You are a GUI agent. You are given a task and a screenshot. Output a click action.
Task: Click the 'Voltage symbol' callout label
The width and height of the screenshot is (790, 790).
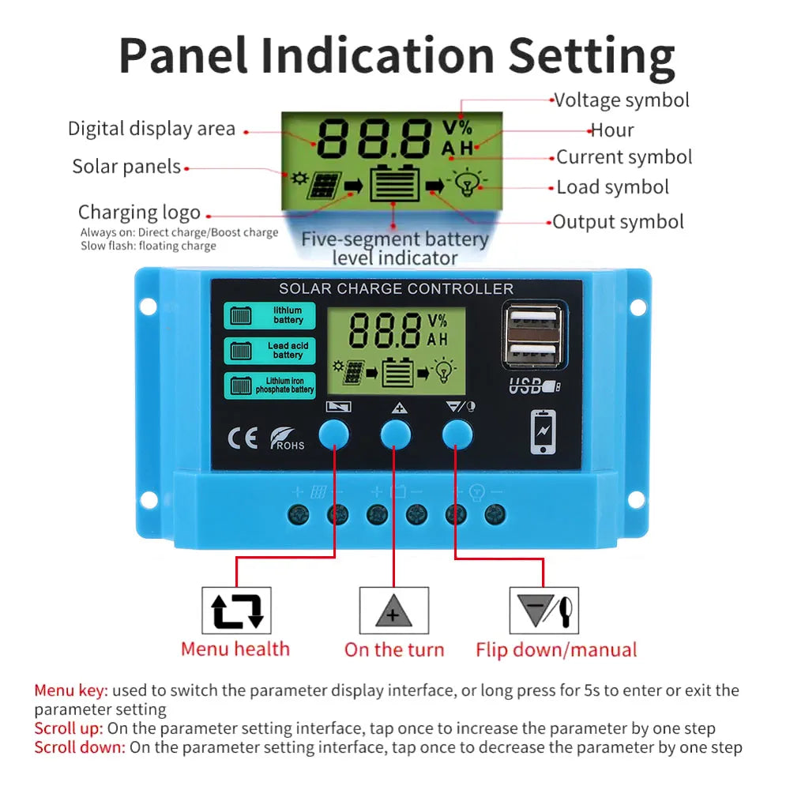[x=622, y=100]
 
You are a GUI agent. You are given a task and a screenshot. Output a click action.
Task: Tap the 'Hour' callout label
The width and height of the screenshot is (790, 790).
[x=612, y=130]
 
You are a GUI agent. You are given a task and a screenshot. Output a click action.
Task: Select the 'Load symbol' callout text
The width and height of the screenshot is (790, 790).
[x=613, y=187]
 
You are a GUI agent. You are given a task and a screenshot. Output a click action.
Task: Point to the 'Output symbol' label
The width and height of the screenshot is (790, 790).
[x=619, y=222]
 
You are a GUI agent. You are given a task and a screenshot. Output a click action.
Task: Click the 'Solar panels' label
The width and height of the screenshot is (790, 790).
[x=126, y=166]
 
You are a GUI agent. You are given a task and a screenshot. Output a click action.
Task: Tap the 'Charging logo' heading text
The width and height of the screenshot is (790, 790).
[x=140, y=213]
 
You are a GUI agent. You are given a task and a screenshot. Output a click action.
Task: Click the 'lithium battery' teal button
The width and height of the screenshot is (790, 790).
[x=269, y=315]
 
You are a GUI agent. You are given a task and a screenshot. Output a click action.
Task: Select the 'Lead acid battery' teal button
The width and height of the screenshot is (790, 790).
[x=269, y=350]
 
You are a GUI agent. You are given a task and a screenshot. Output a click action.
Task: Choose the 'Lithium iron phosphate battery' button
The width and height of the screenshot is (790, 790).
[x=269, y=386]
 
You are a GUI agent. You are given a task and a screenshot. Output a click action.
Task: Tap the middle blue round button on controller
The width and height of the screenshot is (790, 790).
[x=396, y=434]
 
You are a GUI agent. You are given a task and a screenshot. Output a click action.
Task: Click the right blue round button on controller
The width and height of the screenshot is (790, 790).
[x=457, y=434]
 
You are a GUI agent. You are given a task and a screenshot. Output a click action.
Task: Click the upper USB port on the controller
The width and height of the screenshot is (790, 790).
[x=533, y=321]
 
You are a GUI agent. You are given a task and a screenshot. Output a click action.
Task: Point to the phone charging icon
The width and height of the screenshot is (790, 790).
[x=544, y=432]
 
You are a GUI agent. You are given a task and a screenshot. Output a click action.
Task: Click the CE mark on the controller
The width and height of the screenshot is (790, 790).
[x=243, y=438]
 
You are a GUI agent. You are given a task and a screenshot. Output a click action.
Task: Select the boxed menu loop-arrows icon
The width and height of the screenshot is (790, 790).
[x=236, y=611]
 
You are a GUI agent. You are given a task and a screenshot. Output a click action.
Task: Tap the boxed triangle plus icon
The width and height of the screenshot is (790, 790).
[x=394, y=611]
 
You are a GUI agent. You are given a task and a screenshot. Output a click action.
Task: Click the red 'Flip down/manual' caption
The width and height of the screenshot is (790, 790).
[x=556, y=650]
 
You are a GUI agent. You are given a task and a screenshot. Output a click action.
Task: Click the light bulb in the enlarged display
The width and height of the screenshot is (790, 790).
[x=468, y=182]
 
